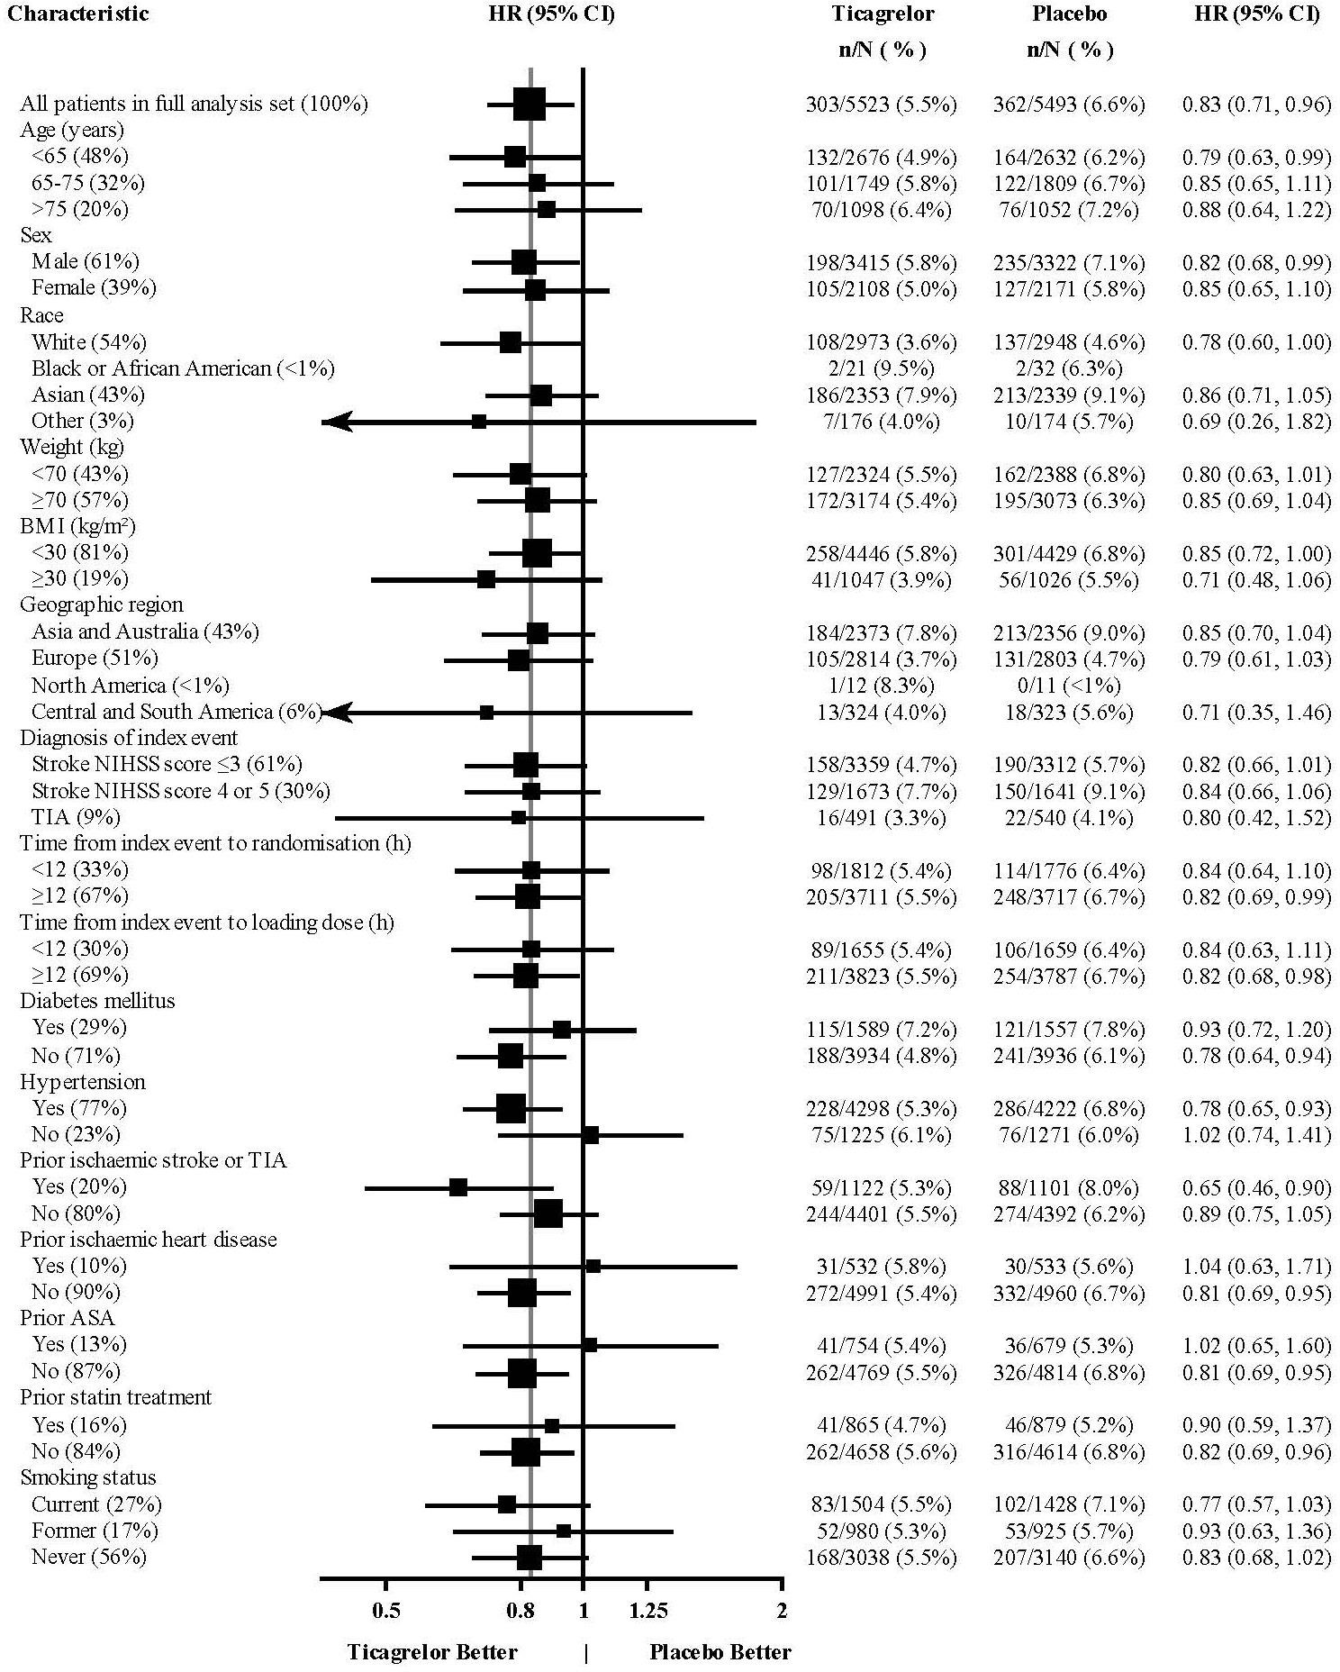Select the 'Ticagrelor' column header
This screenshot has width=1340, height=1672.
882,14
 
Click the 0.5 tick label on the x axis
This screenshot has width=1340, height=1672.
386,1610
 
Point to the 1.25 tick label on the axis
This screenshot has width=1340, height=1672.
648,1610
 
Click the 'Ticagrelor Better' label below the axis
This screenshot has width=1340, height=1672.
432,1652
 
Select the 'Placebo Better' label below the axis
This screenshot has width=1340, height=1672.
720,1652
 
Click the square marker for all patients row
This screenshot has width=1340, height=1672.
530,104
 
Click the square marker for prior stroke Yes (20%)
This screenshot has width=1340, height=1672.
458,1187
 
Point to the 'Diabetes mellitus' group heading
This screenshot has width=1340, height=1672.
97,1001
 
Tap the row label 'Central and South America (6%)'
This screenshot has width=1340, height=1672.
177,712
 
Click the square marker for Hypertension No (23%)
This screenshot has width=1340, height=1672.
591,1135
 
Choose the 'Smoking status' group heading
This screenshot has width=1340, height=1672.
88,1477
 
